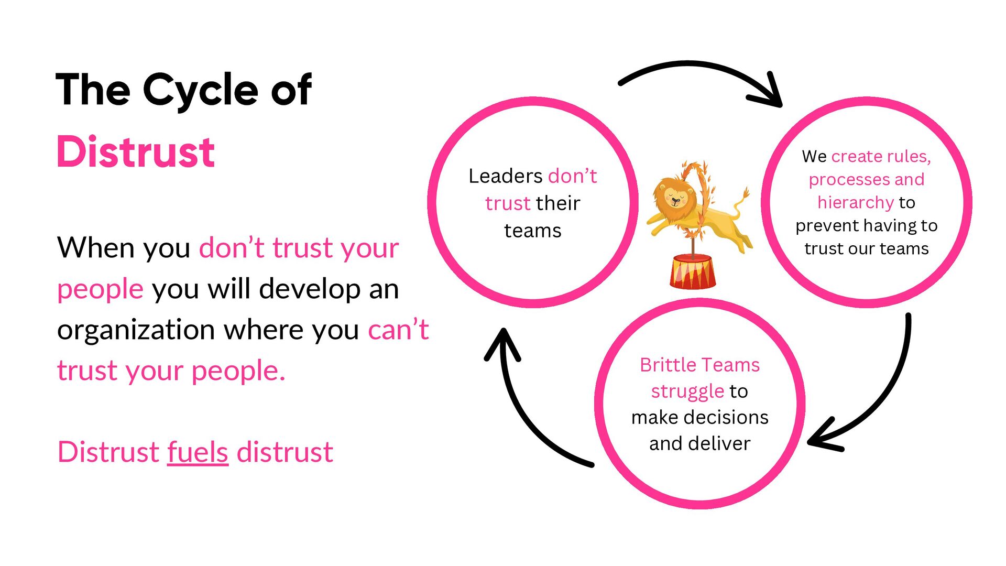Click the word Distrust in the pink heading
point(136,152)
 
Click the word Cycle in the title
point(200,90)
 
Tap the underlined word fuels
point(198,452)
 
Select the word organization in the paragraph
point(136,330)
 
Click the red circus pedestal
point(692,271)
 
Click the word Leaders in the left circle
point(505,176)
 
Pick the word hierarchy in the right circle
point(855,202)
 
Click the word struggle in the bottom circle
point(687,391)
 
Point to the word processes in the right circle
point(849,179)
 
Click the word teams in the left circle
point(532,231)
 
